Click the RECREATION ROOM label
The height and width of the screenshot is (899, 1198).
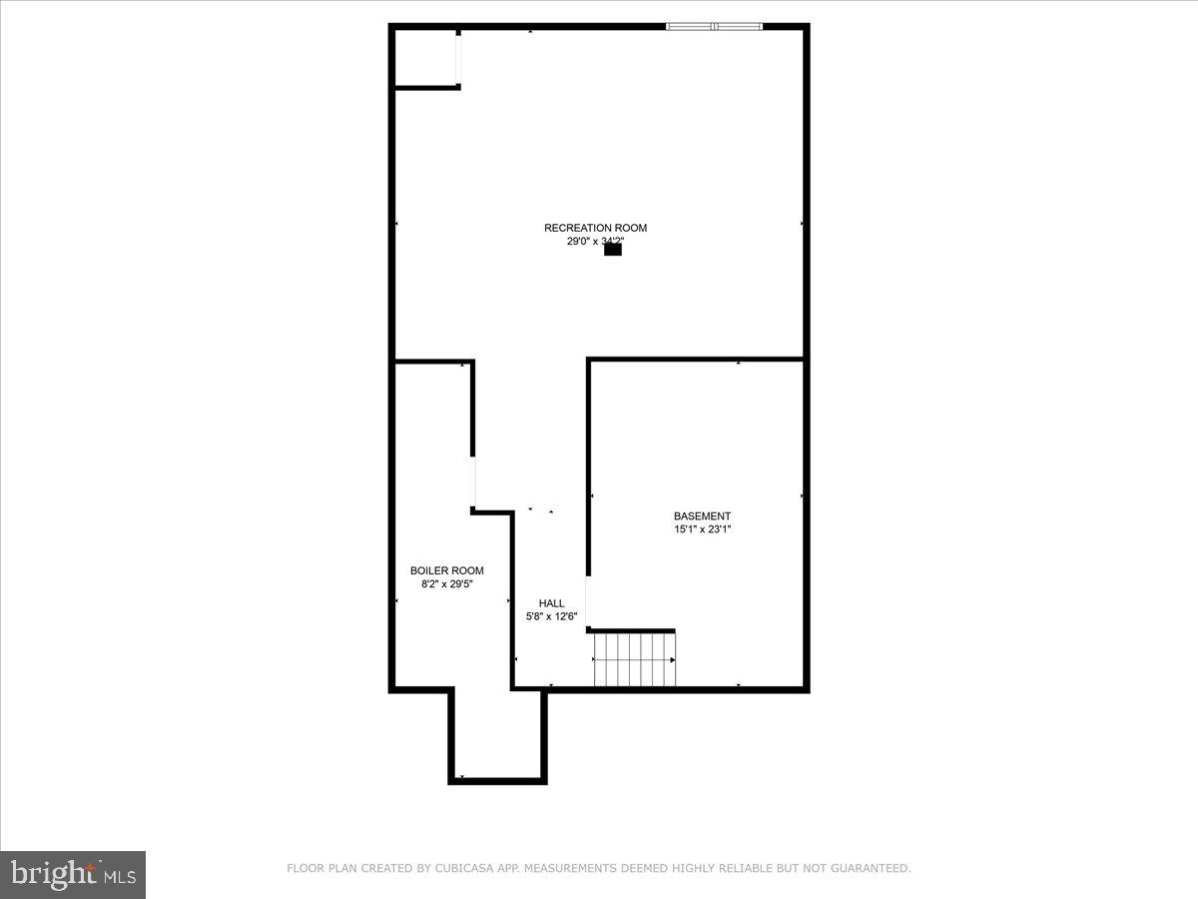coord(595,228)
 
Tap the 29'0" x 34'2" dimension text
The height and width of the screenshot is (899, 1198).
coord(595,242)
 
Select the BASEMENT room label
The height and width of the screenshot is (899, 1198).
coord(702,516)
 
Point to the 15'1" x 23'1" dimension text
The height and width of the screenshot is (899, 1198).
coord(702,529)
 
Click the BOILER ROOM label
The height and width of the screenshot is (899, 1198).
coord(447,571)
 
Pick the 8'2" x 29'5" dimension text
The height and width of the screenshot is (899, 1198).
coord(447,584)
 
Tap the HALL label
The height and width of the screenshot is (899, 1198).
coord(551,603)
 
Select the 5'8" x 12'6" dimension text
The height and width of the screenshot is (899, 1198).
coord(551,617)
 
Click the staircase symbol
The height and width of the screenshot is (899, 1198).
coord(634,659)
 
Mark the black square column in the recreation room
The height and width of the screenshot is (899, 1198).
coord(613,250)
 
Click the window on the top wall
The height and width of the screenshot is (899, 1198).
coord(715,26)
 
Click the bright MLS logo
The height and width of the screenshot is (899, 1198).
coord(73,875)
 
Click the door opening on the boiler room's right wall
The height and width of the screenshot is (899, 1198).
coord(474,482)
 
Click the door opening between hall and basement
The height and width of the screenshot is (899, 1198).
coord(587,602)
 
